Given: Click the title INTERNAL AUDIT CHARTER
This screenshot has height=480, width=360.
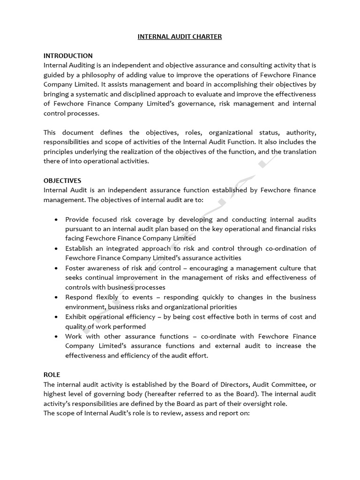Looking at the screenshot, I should [180, 37].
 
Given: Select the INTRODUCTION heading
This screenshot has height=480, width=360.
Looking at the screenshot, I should [68, 56].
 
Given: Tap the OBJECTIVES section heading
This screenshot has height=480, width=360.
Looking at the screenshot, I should [62, 180].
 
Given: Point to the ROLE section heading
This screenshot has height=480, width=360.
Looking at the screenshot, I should [52, 375].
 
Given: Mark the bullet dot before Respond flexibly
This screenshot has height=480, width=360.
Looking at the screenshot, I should [56, 297].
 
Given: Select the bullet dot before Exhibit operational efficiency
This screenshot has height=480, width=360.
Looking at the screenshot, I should [56, 317].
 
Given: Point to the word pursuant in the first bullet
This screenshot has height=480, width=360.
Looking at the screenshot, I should [80, 229].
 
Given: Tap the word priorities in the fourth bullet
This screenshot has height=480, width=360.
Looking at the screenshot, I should [221, 307].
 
